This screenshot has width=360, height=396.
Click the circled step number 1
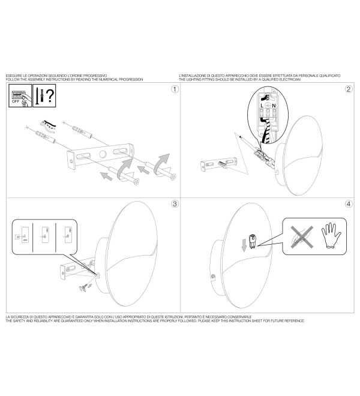175,89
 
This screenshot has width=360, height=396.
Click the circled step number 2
349,89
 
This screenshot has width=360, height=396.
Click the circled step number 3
175,204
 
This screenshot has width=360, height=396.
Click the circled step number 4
349,204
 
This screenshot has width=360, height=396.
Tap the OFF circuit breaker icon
20,96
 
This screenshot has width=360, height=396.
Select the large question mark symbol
50,95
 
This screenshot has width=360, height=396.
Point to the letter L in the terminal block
262,106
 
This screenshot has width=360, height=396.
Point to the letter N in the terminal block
274,106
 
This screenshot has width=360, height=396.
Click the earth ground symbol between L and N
268,106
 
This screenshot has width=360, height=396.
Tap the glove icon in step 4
331,235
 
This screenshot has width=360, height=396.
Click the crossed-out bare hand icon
302,237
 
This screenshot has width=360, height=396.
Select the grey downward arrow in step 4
244,245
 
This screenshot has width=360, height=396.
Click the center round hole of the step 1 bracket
103,154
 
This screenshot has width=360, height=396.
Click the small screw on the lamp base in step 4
213,277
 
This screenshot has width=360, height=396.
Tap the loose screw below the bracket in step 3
83,289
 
